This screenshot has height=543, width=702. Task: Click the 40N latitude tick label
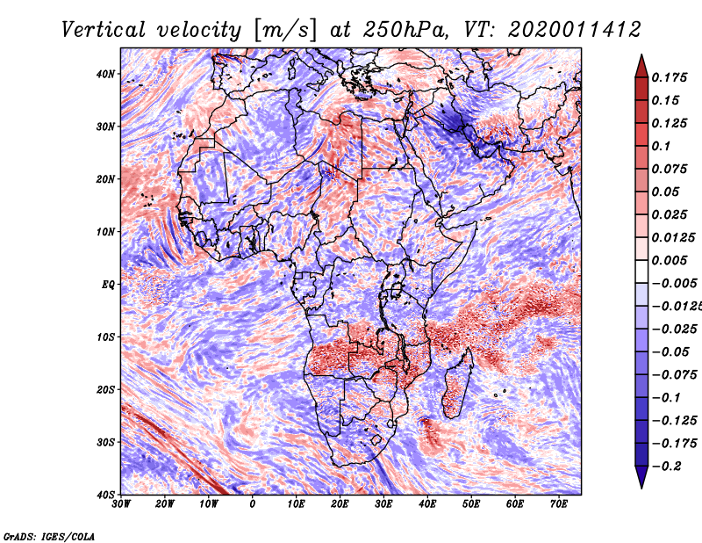pos(105,74)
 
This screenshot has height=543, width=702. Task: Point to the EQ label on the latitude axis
pos(108,285)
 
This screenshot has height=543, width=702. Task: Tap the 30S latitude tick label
pos(105,443)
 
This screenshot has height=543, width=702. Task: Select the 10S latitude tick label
pos(105,337)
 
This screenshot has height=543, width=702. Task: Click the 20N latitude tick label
pos(105,179)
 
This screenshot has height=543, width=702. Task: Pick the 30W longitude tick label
pos(121,504)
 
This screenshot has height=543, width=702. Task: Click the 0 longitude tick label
pos(253,504)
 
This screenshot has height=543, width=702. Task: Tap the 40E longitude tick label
pos(427,504)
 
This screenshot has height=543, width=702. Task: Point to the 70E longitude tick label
pos(559,504)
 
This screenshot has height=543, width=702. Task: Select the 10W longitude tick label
pos(209,504)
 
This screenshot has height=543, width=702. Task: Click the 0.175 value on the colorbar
pos(670,77)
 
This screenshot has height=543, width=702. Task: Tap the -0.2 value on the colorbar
pos(667,467)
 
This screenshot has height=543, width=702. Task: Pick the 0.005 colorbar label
pos(670,260)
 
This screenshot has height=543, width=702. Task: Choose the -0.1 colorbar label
pos(667,398)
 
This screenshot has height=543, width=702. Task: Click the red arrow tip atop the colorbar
pos(641,55)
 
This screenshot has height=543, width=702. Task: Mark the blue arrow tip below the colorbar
pos(641,488)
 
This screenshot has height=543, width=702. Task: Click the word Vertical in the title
pos(104,30)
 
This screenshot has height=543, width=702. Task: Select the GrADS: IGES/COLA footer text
pos(49,537)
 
